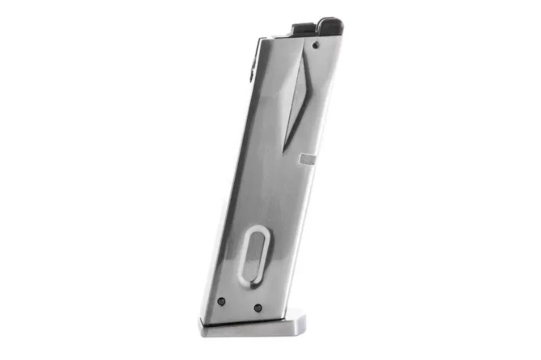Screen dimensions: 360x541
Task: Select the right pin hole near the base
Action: click(x=257, y=308)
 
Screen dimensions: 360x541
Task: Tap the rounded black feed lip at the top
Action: click(x=327, y=25)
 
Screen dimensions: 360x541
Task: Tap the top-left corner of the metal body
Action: click(x=263, y=38)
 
